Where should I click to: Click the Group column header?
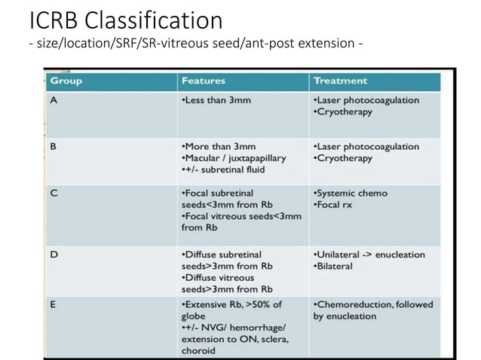66,81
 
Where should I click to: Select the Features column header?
204,81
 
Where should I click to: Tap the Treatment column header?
340,81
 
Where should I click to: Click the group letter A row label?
54,100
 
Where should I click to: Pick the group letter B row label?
54,146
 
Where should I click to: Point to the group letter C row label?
54,193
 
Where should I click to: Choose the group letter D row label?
54,255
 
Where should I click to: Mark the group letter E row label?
54,304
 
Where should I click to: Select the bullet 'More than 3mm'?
219,146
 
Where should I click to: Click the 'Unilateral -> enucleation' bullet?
369,255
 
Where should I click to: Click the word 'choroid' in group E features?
198,350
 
